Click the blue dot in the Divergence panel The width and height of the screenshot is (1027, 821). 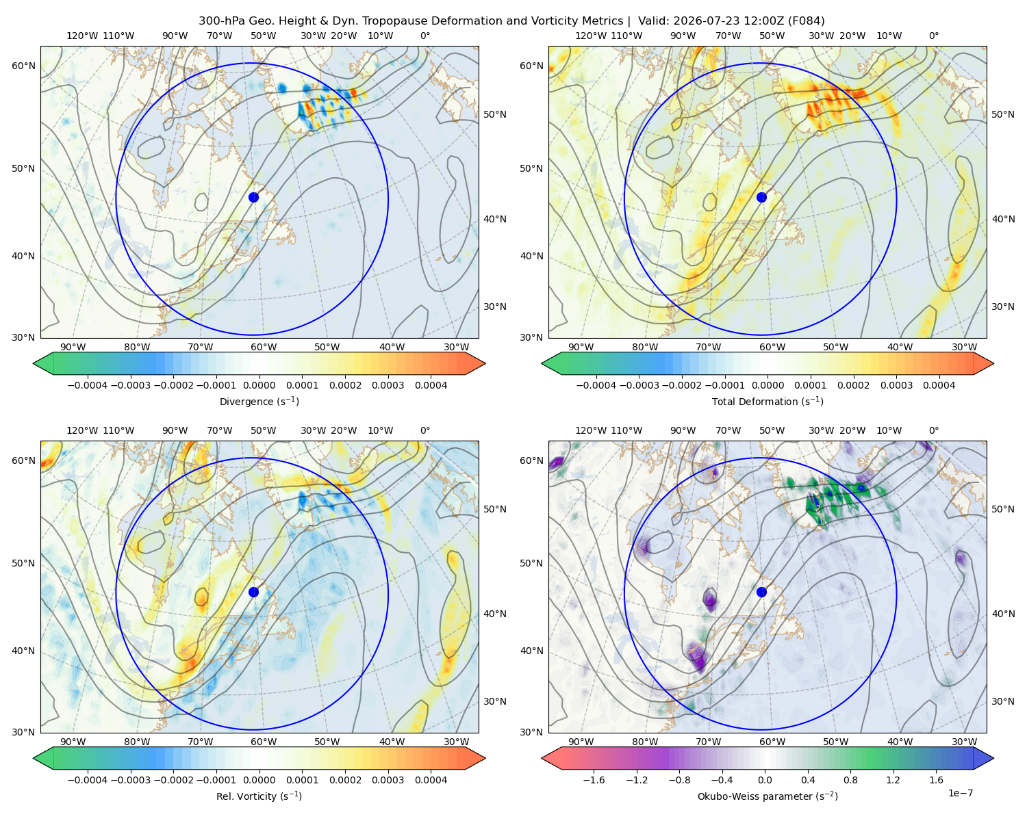click(253, 197)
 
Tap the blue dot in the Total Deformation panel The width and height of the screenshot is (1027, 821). click(761, 197)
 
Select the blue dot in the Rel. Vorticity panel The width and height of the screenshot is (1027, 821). click(253, 592)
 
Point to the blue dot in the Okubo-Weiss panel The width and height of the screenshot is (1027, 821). click(761, 592)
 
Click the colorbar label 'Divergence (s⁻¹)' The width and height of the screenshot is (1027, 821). click(259, 401)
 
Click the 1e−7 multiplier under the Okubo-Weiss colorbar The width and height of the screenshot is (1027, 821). click(960, 793)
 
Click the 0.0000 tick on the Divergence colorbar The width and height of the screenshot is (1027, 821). click(259, 385)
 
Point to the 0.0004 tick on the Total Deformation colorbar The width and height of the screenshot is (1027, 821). click(939, 385)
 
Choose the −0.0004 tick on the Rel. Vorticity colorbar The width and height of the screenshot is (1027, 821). click(88, 779)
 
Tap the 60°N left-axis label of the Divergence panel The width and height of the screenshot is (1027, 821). click(23, 66)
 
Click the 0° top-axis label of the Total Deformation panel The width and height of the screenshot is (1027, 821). click(933, 36)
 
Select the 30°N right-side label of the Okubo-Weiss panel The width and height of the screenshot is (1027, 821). click(1003, 701)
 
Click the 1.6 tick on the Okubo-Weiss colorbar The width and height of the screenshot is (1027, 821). click(936, 779)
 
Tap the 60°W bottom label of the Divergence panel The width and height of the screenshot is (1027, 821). click(264, 347)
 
